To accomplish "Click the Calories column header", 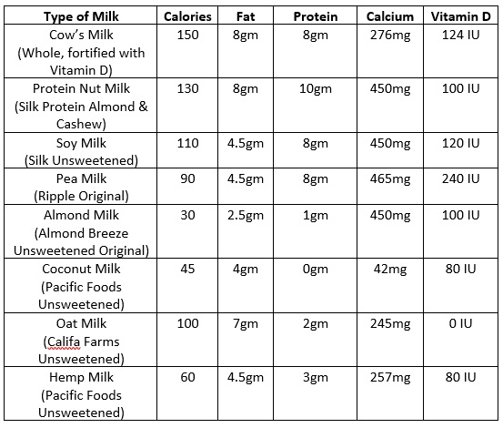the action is point(187,16).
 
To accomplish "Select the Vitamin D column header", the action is point(460,16).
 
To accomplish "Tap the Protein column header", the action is point(316,16).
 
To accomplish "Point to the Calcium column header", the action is point(390,16).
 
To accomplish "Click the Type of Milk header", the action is point(81,16).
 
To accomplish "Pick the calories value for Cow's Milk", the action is point(187,35).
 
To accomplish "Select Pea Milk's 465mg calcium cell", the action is point(390,179).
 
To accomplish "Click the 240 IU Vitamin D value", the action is point(460,178).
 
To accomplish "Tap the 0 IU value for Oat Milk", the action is point(460,323).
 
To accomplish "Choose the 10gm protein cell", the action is point(316,89).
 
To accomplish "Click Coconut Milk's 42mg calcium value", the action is point(390,270).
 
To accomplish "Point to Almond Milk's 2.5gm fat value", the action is point(246,216).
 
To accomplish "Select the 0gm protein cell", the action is point(316,270).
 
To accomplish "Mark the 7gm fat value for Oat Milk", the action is point(246,324).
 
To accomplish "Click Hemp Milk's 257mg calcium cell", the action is point(390,378).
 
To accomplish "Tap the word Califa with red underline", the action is point(64,342).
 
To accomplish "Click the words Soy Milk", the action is point(81,144).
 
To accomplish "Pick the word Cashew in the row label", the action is point(79,124).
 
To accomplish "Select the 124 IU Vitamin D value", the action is point(460,35).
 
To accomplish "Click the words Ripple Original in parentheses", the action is point(81,197).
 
